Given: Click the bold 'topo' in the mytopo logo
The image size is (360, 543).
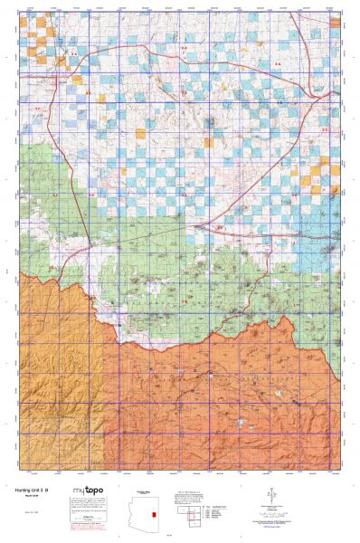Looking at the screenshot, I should [94, 491].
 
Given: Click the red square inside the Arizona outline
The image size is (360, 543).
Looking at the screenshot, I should [155, 513].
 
